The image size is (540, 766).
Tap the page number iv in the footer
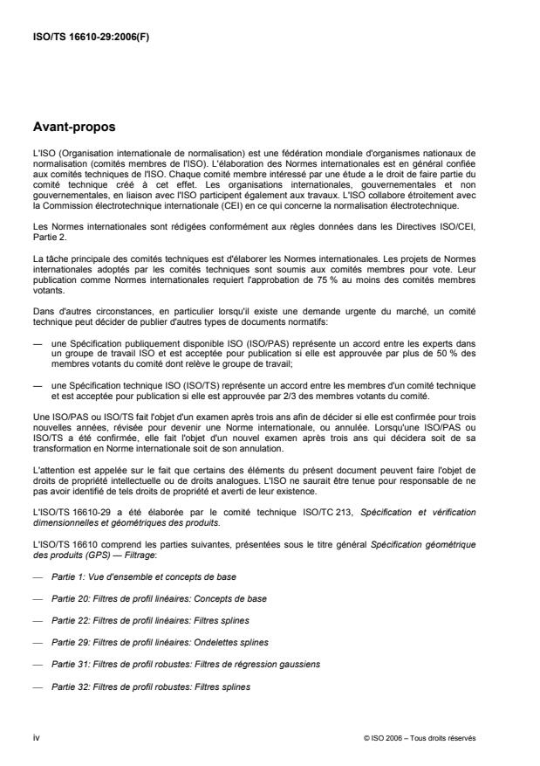click(x=36, y=738)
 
